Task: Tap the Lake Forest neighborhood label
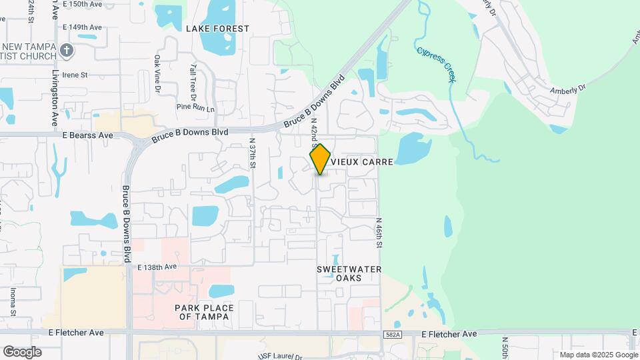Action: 217,29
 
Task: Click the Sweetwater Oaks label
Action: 349,273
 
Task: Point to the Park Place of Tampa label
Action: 204,312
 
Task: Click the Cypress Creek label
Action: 437,65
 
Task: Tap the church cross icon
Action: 66,50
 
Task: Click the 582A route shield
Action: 393,333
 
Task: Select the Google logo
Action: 22,351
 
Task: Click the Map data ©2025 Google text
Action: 598,355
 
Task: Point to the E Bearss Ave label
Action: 88,135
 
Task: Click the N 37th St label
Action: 252,154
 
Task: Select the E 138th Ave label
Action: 157,267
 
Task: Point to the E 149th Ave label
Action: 82,27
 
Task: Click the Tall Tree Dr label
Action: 193,79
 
